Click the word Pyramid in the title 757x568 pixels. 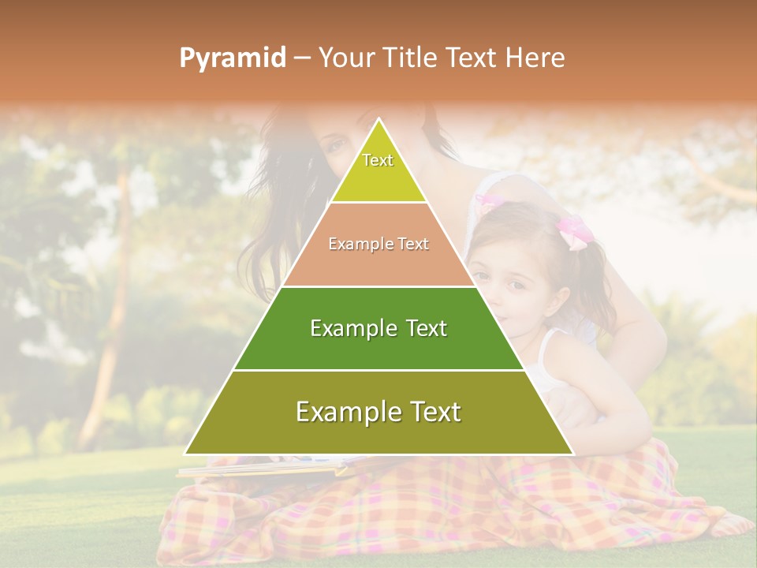(x=232, y=58)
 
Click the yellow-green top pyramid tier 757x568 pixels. (x=378, y=177)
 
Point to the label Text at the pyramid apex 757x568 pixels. (x=378, y=160)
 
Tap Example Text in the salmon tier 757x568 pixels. (x=378, y=245)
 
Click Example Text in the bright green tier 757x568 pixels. (x=378, y=328)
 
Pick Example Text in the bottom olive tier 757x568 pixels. (x=378, y=412)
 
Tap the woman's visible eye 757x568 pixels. (x=335, y=145)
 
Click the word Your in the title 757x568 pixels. (x=344, y=58)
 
